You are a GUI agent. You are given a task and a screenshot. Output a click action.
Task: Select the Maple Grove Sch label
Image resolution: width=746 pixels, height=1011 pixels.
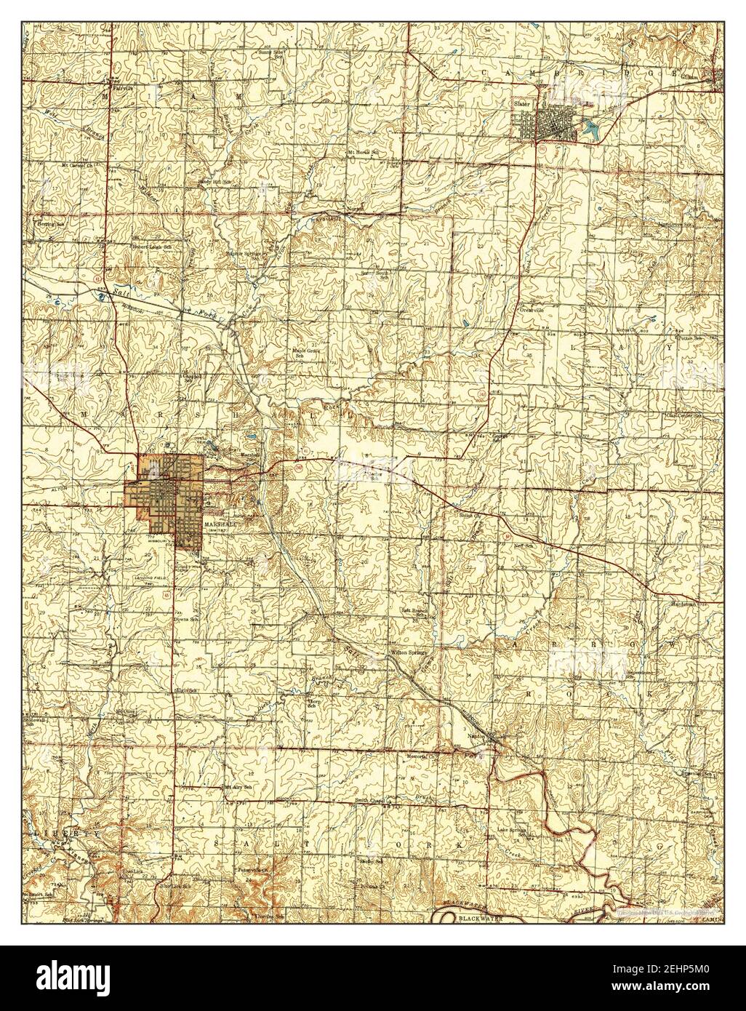(x=306, y=352)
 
